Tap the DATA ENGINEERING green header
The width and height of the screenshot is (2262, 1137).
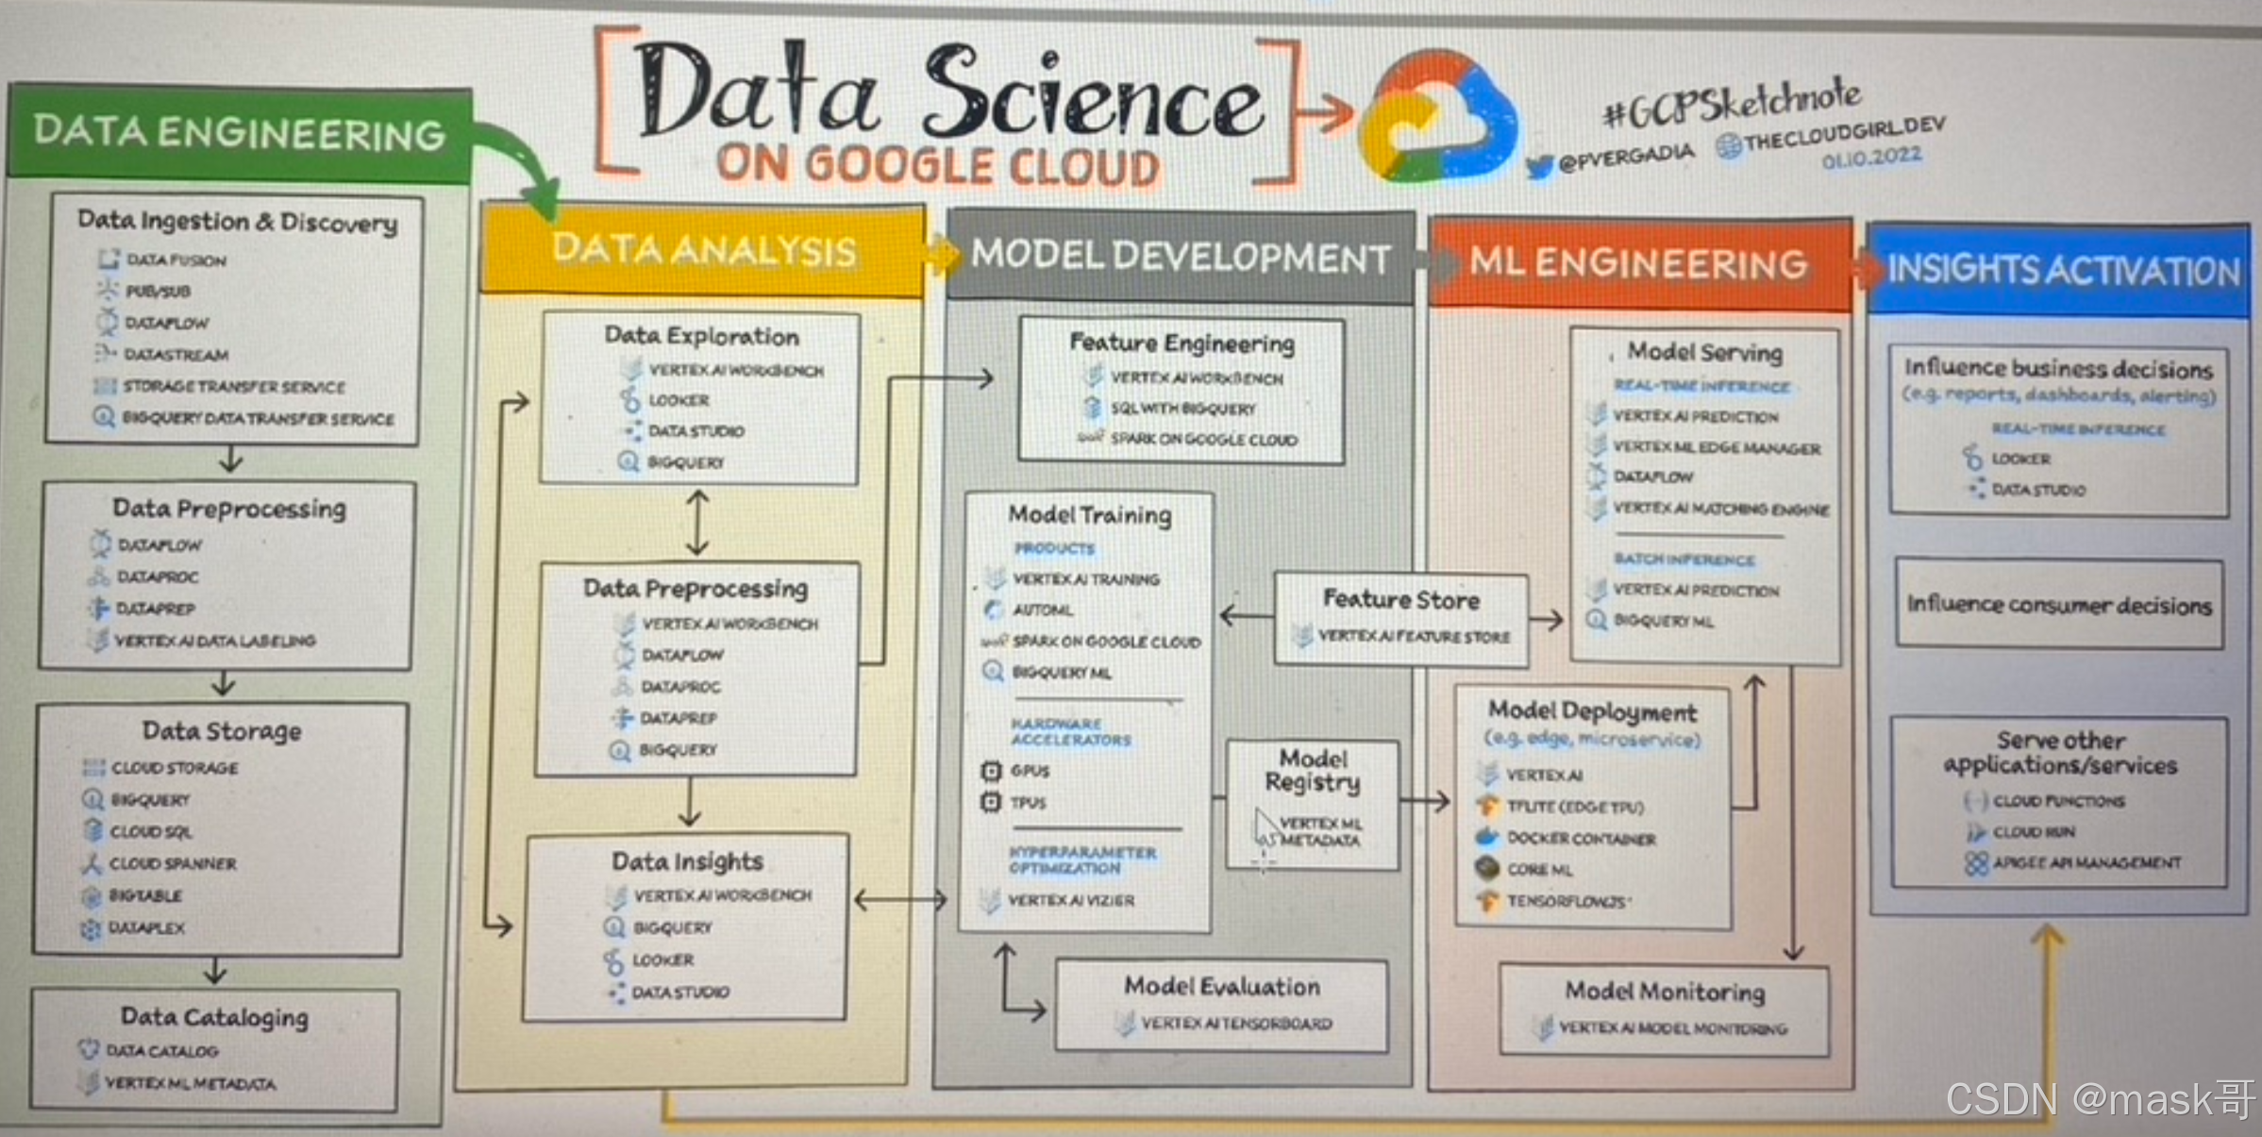(x=239, y=133)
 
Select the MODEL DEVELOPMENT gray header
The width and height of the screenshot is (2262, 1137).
(x=1181, y=258)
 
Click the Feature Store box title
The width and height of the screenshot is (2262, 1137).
(x=1400, y=599)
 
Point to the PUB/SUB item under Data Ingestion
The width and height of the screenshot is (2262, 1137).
(x=158, y=292)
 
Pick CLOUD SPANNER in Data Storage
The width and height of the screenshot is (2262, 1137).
(x=173, y=863)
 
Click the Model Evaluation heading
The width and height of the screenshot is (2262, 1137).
(x=1221, y=987)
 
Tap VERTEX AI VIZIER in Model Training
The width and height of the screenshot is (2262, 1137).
(x=1071, y=901)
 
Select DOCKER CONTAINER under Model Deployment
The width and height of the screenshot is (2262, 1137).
(x=1581, y=839)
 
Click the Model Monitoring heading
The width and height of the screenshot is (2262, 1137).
(x=1665, y=992)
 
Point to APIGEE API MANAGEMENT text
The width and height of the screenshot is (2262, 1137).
(x=2086, y=862)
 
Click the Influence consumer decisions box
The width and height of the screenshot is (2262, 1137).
(x=2059, y=605)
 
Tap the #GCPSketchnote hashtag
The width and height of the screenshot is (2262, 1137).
(x=1732, y=104)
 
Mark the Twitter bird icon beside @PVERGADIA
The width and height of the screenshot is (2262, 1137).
(x=1539, y=167)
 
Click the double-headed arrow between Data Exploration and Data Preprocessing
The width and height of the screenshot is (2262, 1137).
(x=697, y=523)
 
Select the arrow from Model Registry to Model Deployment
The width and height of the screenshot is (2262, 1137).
(x=1425, y=802)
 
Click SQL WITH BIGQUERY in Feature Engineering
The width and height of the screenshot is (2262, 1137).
(x=1182, y=409)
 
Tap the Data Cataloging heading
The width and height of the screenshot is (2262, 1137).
(x=214, y=1017)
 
